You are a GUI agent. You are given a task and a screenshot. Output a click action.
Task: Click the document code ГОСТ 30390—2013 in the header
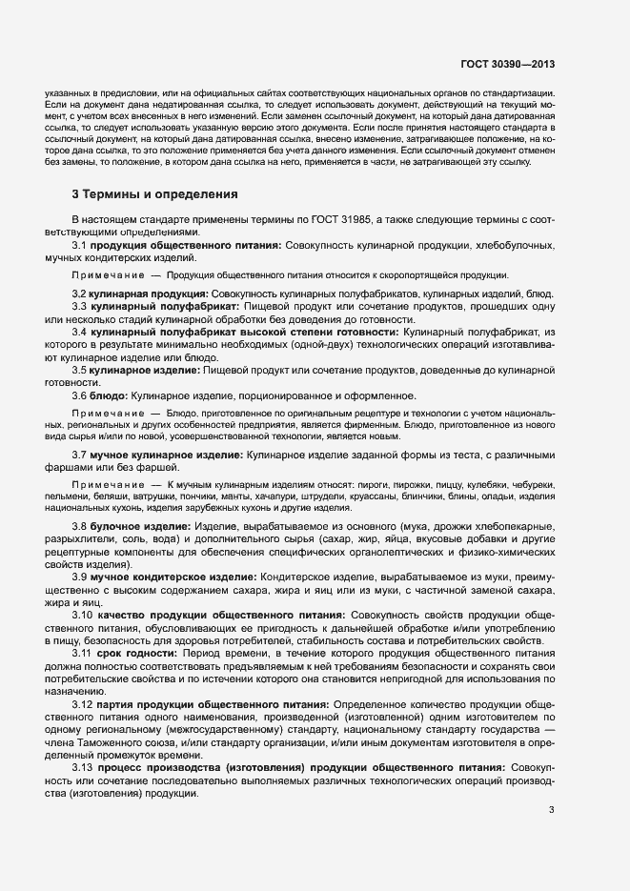pos(507,65)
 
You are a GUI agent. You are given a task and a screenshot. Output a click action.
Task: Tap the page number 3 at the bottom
pos(551,810)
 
